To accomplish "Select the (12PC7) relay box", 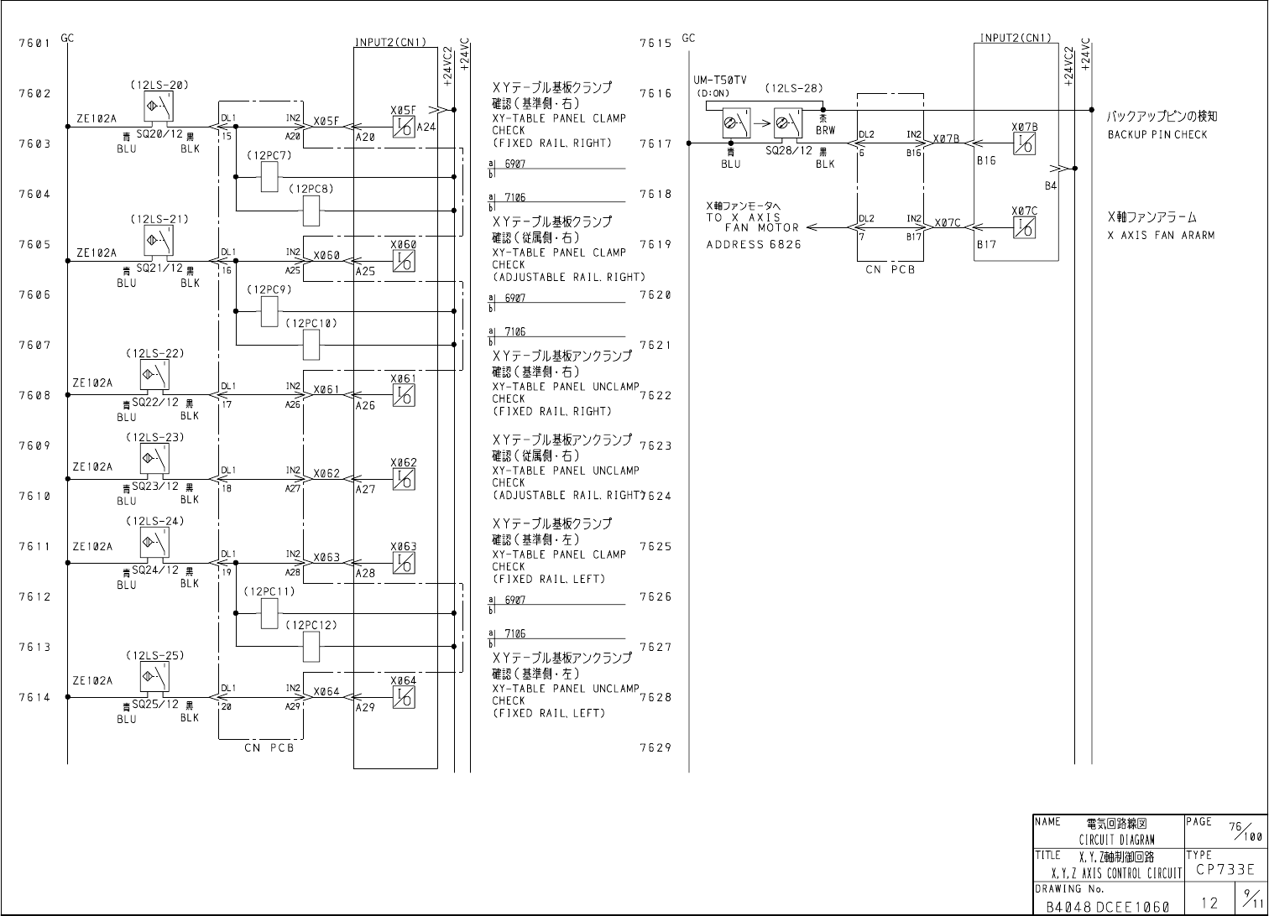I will tap(269, 177).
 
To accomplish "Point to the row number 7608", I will tap(34, 395).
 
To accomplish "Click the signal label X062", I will tap(326, 474).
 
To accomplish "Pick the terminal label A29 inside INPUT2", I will tap(365, 708).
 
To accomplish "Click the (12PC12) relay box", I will tap(311, 645).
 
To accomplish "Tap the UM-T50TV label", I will tap(720, 79).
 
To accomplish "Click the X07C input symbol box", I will tap(1024, 227).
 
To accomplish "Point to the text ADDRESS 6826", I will tap(754, 244).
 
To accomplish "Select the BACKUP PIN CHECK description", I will tap(1157, 134).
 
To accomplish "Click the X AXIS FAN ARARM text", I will tap(1161, 236).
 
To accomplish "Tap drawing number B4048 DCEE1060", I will tap(1107, 906).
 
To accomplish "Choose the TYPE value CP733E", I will tap(1225, 870).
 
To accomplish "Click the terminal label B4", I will tap(1050, 185).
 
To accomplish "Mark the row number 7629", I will tap(655, 747).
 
